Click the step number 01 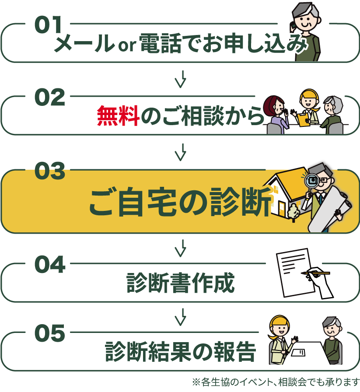[x=48, y=24]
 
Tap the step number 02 [x=50, y=97]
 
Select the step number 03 [x=50, y=171]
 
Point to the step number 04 [x=50, y=264]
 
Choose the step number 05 [x=50, y=333]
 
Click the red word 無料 [x=118, y=115]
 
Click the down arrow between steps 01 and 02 [x=181, y=79]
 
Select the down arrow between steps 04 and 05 [x=181, y=317]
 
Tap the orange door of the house [x=282, y=209]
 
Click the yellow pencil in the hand [x=316, y=273]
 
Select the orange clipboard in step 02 [x=303, y=119]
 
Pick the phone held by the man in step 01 [x=292, y=27]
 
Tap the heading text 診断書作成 [x=181, y=283]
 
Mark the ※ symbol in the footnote [x=196, y=382]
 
